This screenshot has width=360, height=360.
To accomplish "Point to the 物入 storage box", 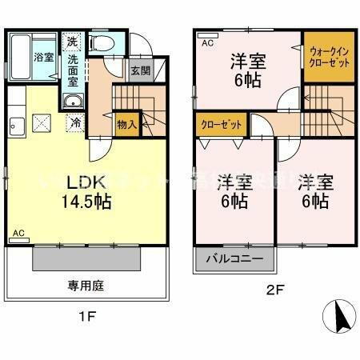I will tap(126, 124).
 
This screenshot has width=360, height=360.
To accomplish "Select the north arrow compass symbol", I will tap(338, 318).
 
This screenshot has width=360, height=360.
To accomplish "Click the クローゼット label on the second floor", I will tap(218, 124).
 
